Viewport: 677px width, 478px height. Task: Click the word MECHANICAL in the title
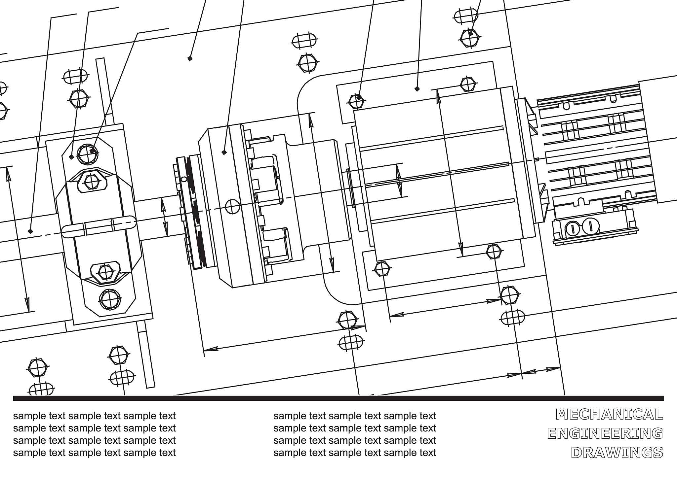pos(610,414)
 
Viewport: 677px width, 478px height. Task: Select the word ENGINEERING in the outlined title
pos(605,433)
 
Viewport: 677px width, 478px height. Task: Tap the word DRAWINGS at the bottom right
pos(617,453)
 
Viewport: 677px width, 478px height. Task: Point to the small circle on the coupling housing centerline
pos(232,207)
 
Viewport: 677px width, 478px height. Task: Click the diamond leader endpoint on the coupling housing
pos(224,152)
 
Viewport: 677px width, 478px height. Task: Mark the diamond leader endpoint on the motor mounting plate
pos(417,89)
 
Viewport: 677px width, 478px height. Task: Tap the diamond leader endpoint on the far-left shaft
pos(30,231)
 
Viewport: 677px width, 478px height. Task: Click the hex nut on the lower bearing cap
pos(105,272)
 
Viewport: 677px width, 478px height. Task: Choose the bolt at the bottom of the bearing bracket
pos(110,300)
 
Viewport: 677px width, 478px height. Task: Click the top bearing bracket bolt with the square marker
pos(88,154)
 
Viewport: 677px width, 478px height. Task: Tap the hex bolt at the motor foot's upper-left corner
pos(356,101)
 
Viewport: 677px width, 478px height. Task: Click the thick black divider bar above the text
pos(338,398)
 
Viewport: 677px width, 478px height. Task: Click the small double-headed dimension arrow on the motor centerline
pos(399,181)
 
